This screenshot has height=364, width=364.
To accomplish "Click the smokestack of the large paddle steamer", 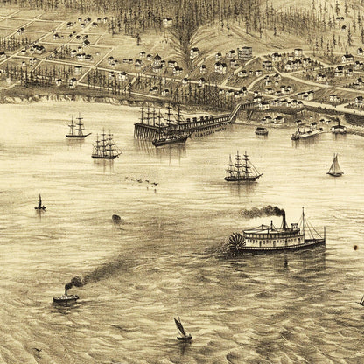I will click(283, 219).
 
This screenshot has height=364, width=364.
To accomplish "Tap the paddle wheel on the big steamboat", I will click(236, 241).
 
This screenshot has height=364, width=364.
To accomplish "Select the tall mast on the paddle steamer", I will click(302, 222).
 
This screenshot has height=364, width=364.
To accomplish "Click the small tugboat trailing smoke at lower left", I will click(66, 298).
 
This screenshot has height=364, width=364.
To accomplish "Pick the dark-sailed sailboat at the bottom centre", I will click(182, 330).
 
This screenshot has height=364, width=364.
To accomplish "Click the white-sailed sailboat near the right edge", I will click(335, 165).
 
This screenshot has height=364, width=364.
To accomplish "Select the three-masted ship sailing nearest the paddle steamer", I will click(242, 167).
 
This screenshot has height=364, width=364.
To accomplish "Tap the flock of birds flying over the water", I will click(142, 181).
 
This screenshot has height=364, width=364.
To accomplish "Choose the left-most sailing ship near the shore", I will click(77, 129).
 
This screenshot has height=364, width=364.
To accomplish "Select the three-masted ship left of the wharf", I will click(105, 146).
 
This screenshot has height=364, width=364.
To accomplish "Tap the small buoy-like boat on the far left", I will click(39, 204).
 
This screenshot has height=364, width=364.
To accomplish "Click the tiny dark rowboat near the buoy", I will click(116, 217).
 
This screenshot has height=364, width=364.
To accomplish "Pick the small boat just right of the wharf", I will click(262, 131).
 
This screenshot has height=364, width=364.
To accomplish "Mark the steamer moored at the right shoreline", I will click(306, 132).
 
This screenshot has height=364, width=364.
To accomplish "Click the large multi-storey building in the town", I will click(245, 53).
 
